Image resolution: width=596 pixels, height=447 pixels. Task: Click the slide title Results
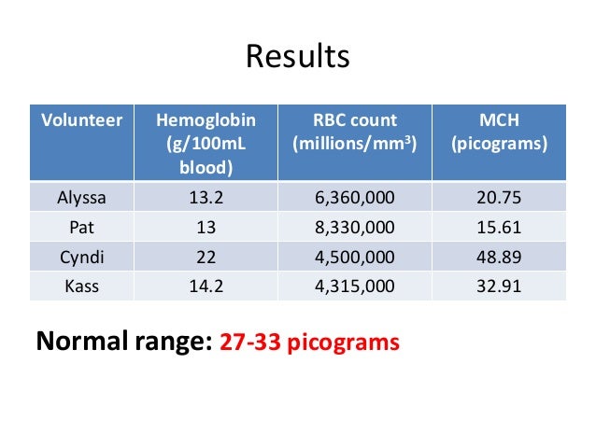point(297,57)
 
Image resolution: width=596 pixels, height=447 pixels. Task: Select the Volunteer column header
point(81,121)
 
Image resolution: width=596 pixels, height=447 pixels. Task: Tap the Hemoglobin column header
point(204,121)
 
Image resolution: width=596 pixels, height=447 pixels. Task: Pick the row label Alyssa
point(81,198)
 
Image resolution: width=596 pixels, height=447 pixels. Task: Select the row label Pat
point(81,228)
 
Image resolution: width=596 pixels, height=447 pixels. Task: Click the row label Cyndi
point(81,257)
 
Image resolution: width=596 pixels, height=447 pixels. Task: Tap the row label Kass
point(81,286)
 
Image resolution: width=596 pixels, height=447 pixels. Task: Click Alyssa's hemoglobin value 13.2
point(204,198)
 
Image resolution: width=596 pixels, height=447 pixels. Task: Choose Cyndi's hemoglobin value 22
point(204,257)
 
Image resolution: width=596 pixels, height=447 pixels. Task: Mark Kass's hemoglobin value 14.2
point(204,286)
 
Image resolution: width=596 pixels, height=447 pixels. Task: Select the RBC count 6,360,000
point(355,198)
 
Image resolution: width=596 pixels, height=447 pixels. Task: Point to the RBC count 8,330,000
point(355,228)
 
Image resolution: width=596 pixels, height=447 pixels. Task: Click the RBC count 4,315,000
point(355,286)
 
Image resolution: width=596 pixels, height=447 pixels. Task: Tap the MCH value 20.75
point(498,198)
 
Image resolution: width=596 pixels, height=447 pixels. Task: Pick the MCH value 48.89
point(498,257)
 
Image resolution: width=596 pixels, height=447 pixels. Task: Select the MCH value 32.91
point(498,286)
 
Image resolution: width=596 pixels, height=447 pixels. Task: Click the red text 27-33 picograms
point(309,342)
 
